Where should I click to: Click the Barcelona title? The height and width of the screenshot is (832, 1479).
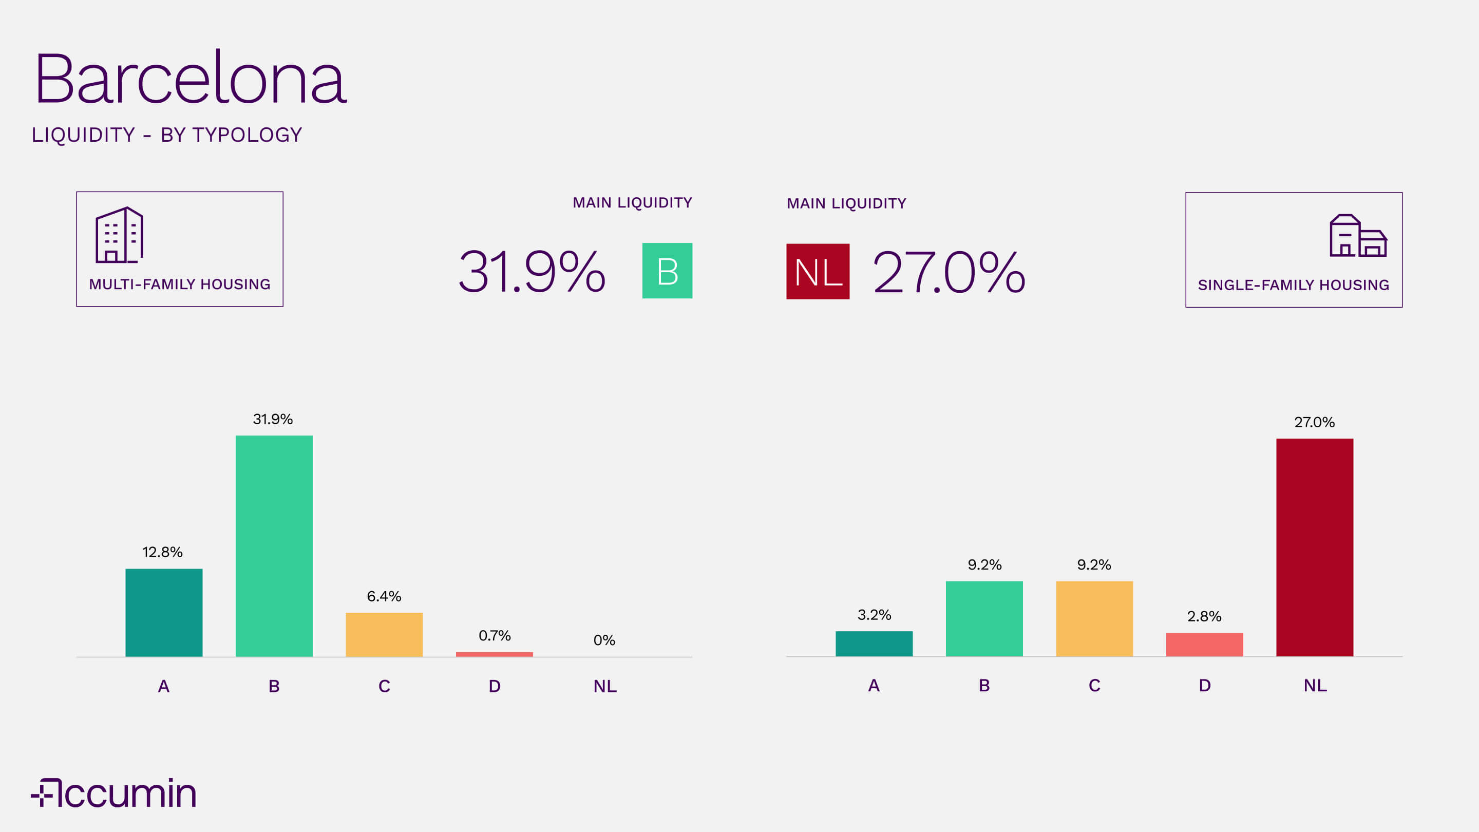tap(190, 78)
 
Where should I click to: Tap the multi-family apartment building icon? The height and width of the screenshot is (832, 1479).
tap(119, 235)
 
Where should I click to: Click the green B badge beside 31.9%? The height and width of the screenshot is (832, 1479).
tap(667, 271)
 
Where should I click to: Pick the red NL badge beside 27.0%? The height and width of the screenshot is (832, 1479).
tap(818, 272)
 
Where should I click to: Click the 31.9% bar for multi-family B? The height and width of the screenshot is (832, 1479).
tap(274, 545)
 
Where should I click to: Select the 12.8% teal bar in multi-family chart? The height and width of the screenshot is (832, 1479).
tap(164, 612)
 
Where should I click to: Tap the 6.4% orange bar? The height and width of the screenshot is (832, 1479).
tap(384, 634)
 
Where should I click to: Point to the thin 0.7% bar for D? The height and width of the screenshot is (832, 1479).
tap(495, 654)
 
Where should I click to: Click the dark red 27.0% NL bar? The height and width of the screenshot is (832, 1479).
tap(1314, 547)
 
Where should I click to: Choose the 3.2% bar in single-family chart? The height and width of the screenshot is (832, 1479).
tap(874, 643)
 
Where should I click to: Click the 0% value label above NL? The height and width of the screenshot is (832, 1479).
tap(604, 640)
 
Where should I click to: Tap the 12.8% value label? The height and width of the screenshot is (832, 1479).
tap(162, 553)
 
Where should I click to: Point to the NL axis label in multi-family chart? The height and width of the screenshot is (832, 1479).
tap(604, 686)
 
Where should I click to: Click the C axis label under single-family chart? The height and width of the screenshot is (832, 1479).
tap(1094, 686)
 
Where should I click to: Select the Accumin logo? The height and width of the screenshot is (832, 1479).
tap(113, 793)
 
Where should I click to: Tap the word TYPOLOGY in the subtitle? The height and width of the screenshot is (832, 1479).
tap(247, 135)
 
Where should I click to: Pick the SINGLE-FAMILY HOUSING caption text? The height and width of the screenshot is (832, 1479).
tap(1293, 285)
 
